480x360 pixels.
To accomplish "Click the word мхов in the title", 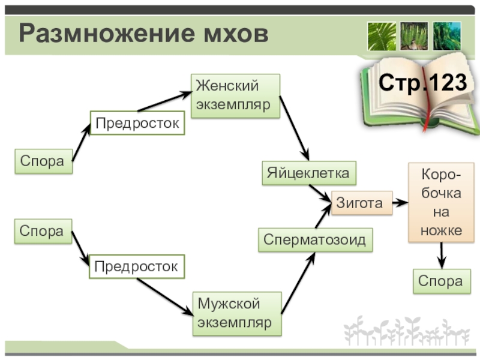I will (x=230, y=34).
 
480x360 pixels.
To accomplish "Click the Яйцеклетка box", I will (x=308, y=173).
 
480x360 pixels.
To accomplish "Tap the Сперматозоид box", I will (x=315, y=239).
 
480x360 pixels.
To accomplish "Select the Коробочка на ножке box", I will (x=441, y=202).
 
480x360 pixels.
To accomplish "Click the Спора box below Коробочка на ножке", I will (x=440, y=281).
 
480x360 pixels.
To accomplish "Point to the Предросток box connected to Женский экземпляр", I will (x=137, y=123).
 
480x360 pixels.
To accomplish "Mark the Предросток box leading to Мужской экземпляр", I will (x=137, y=266).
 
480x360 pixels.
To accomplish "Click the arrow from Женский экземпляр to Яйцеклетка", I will (x=294, y=128).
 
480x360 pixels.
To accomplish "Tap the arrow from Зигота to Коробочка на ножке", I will (x=400, y=203).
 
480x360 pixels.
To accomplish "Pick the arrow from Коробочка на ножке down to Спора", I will (x=441, y=255).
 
